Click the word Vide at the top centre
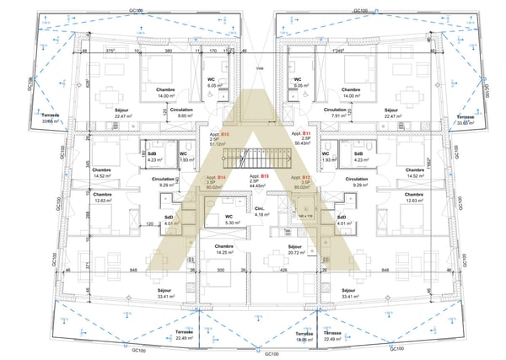(261, 69)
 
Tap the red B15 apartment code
(225, 134)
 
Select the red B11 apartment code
(308, 134)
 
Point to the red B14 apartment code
(220, 177)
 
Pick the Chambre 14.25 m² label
(223, 250)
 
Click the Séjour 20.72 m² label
(296, 250)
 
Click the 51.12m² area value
(217, 144)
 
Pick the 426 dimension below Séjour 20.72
(283, 271)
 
